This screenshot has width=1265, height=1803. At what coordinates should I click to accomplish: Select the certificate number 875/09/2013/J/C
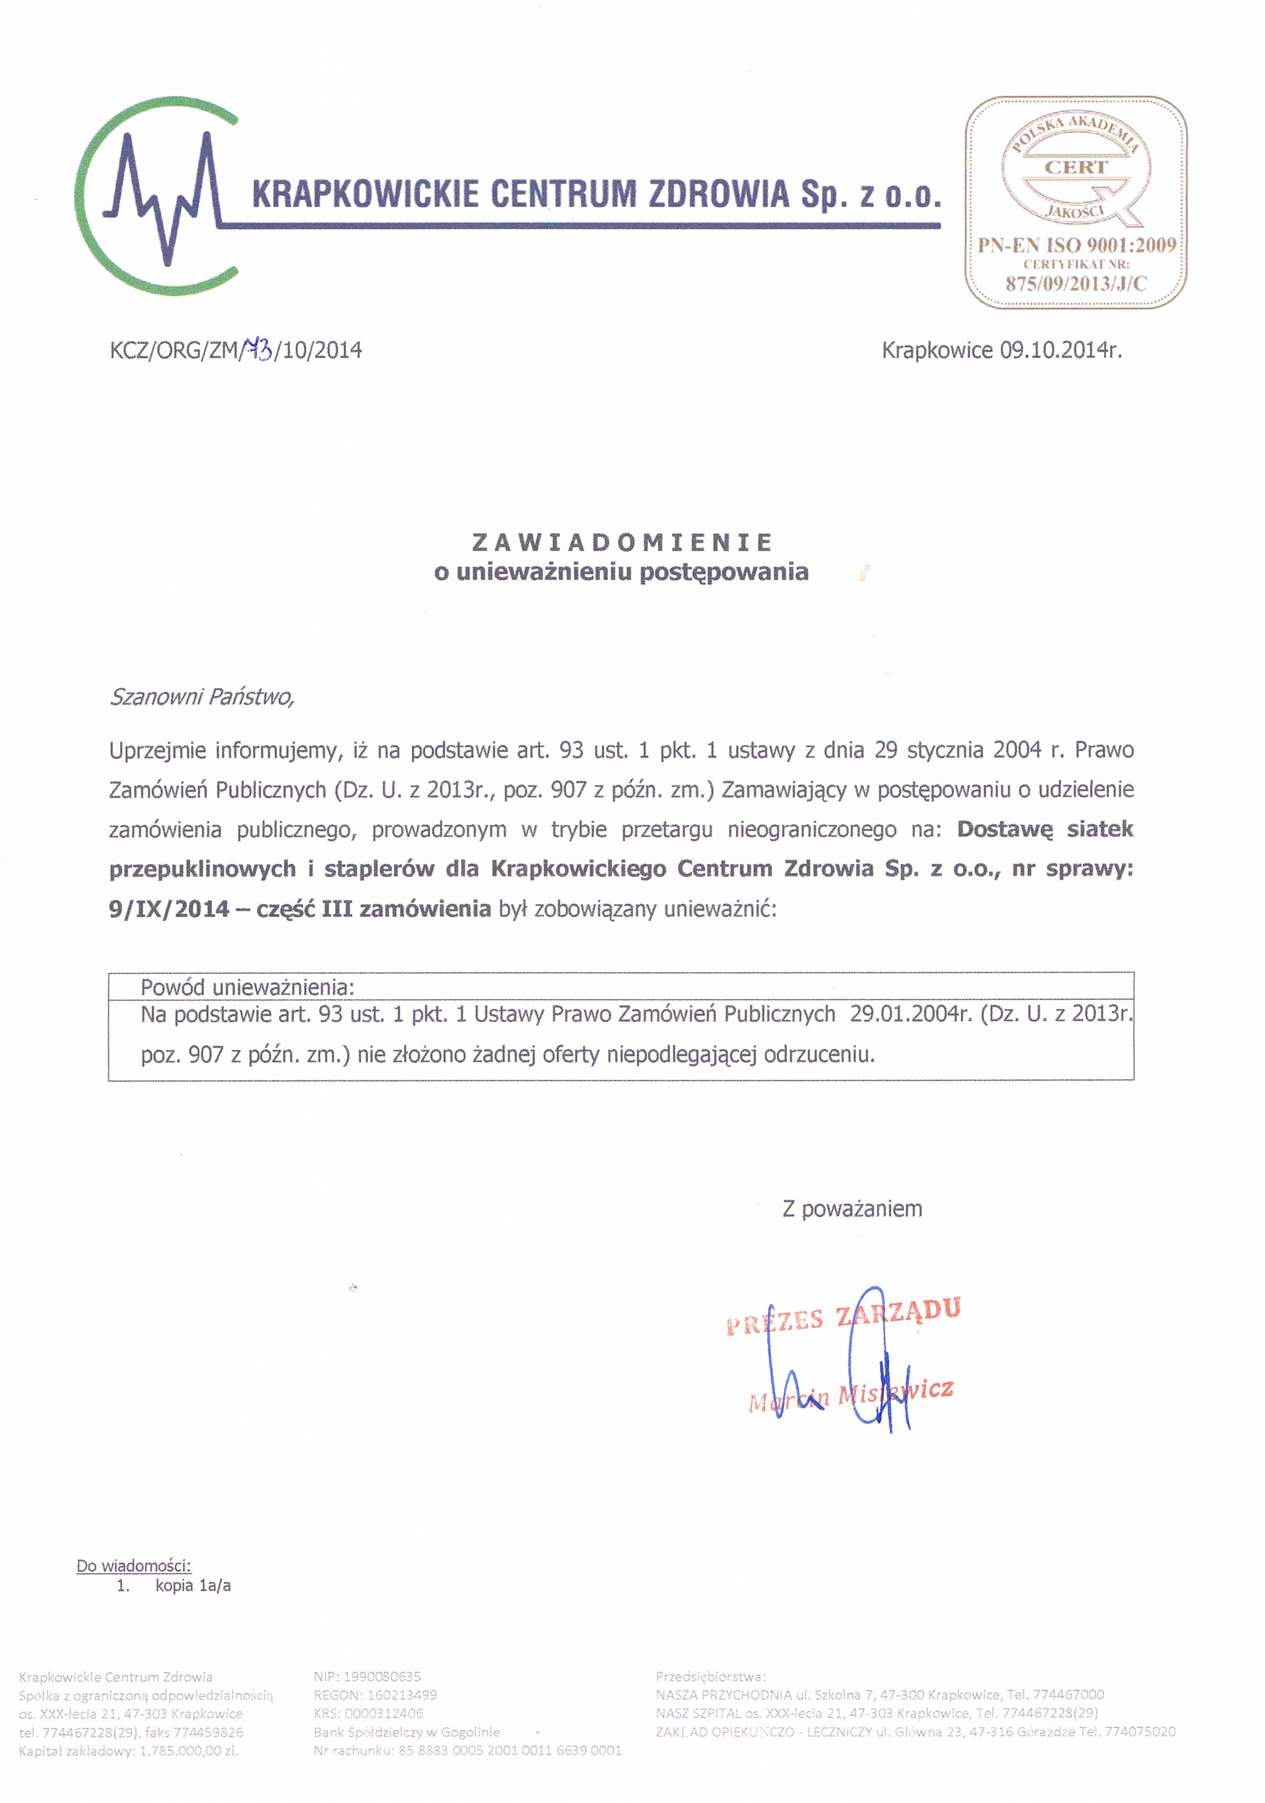click(x=1075, y=283)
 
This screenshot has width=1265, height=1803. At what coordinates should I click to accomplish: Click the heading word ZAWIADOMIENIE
click(x=622, y=542)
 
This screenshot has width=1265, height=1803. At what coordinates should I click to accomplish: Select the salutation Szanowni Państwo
click(x=202, y=696)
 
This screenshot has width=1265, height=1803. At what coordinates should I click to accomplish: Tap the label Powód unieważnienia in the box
click(x=247, y=987)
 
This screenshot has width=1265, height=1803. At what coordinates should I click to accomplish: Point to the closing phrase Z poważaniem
click(x=852, y=1208)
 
